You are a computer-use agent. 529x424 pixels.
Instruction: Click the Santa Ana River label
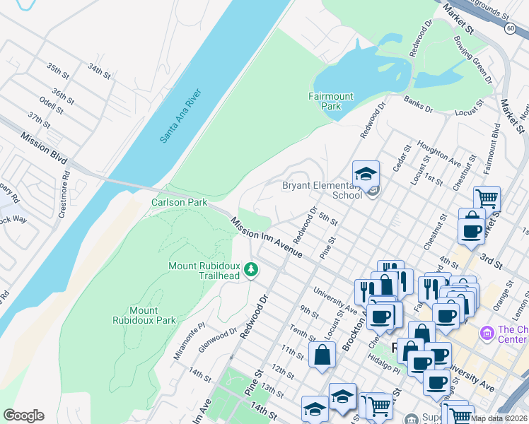(181, 116)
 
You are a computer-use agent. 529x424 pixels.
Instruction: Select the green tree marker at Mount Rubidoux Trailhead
(250, 269)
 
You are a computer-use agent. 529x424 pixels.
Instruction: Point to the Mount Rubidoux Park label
(153, 315)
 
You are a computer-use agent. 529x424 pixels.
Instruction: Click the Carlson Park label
(179, 202)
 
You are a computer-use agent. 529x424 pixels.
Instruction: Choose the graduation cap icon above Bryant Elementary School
(366, 174)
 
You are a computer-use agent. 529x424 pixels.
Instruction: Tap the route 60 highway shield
(510, 28)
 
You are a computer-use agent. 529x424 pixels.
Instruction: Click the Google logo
(23, 416)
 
